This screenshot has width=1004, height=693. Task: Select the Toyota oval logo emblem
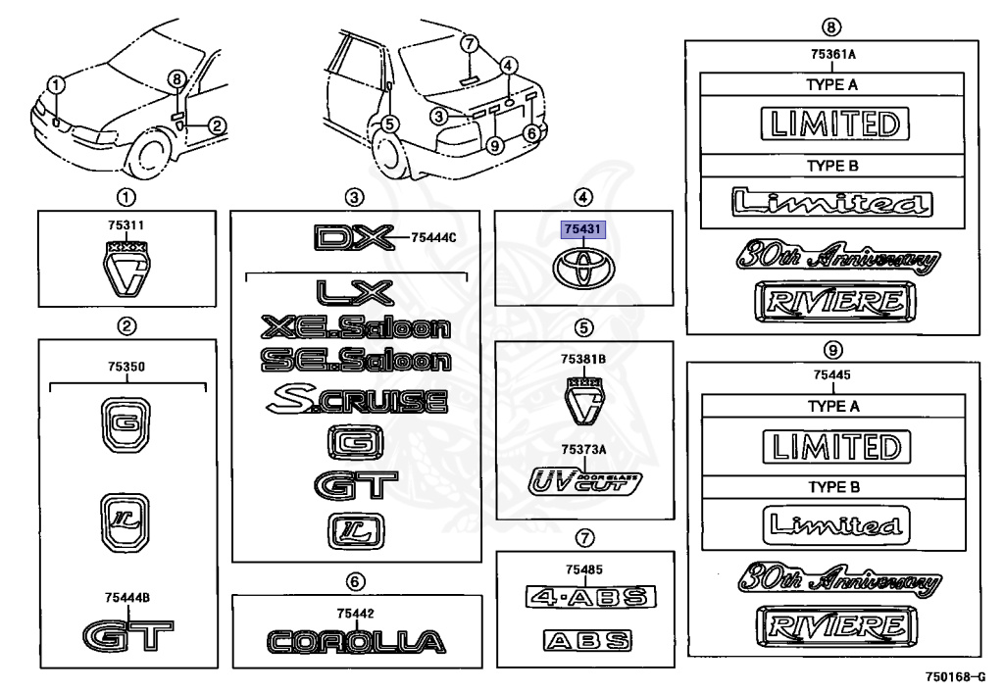583,268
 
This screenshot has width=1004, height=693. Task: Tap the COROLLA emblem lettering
356,642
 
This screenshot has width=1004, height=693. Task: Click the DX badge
352,237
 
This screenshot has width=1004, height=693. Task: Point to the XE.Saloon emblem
356,327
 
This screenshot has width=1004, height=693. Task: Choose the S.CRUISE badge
356,400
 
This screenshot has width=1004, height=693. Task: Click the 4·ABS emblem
590,597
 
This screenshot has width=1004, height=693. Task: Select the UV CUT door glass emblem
583,480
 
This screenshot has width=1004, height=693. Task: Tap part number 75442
355,613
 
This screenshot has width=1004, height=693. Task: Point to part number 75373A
583,448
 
